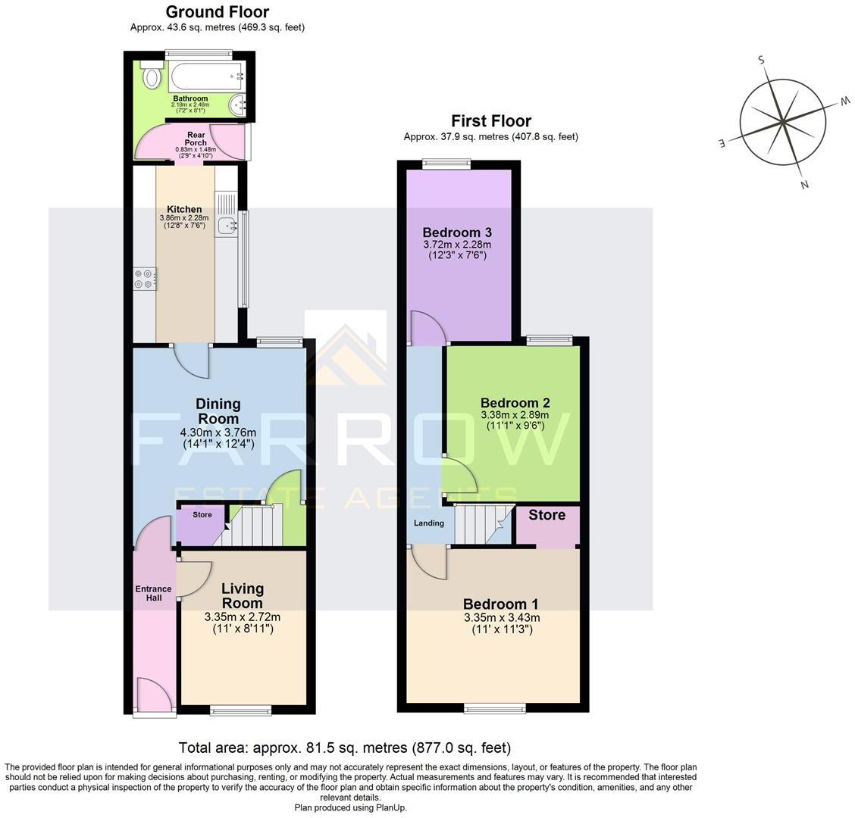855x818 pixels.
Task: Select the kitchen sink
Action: point(226,225)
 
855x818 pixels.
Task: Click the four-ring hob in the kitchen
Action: point(144,279)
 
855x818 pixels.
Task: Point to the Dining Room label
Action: point(218,411)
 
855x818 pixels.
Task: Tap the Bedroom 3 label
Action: point(452,233)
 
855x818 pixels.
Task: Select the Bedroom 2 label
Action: point(515,403)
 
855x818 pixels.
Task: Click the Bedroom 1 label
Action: point(500,604)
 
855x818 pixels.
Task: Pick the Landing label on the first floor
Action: point(428,523)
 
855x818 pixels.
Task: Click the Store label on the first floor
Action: point(547,515)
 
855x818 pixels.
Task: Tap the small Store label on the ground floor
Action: point(202,515)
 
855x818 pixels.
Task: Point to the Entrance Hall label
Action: point(153,593)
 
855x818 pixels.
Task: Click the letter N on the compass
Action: point(803,184)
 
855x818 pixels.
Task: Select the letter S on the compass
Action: point(762,61)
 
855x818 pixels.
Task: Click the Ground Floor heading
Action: point(217,12)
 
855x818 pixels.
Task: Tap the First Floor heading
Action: point(490,121)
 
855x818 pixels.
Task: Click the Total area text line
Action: point(344,748)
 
